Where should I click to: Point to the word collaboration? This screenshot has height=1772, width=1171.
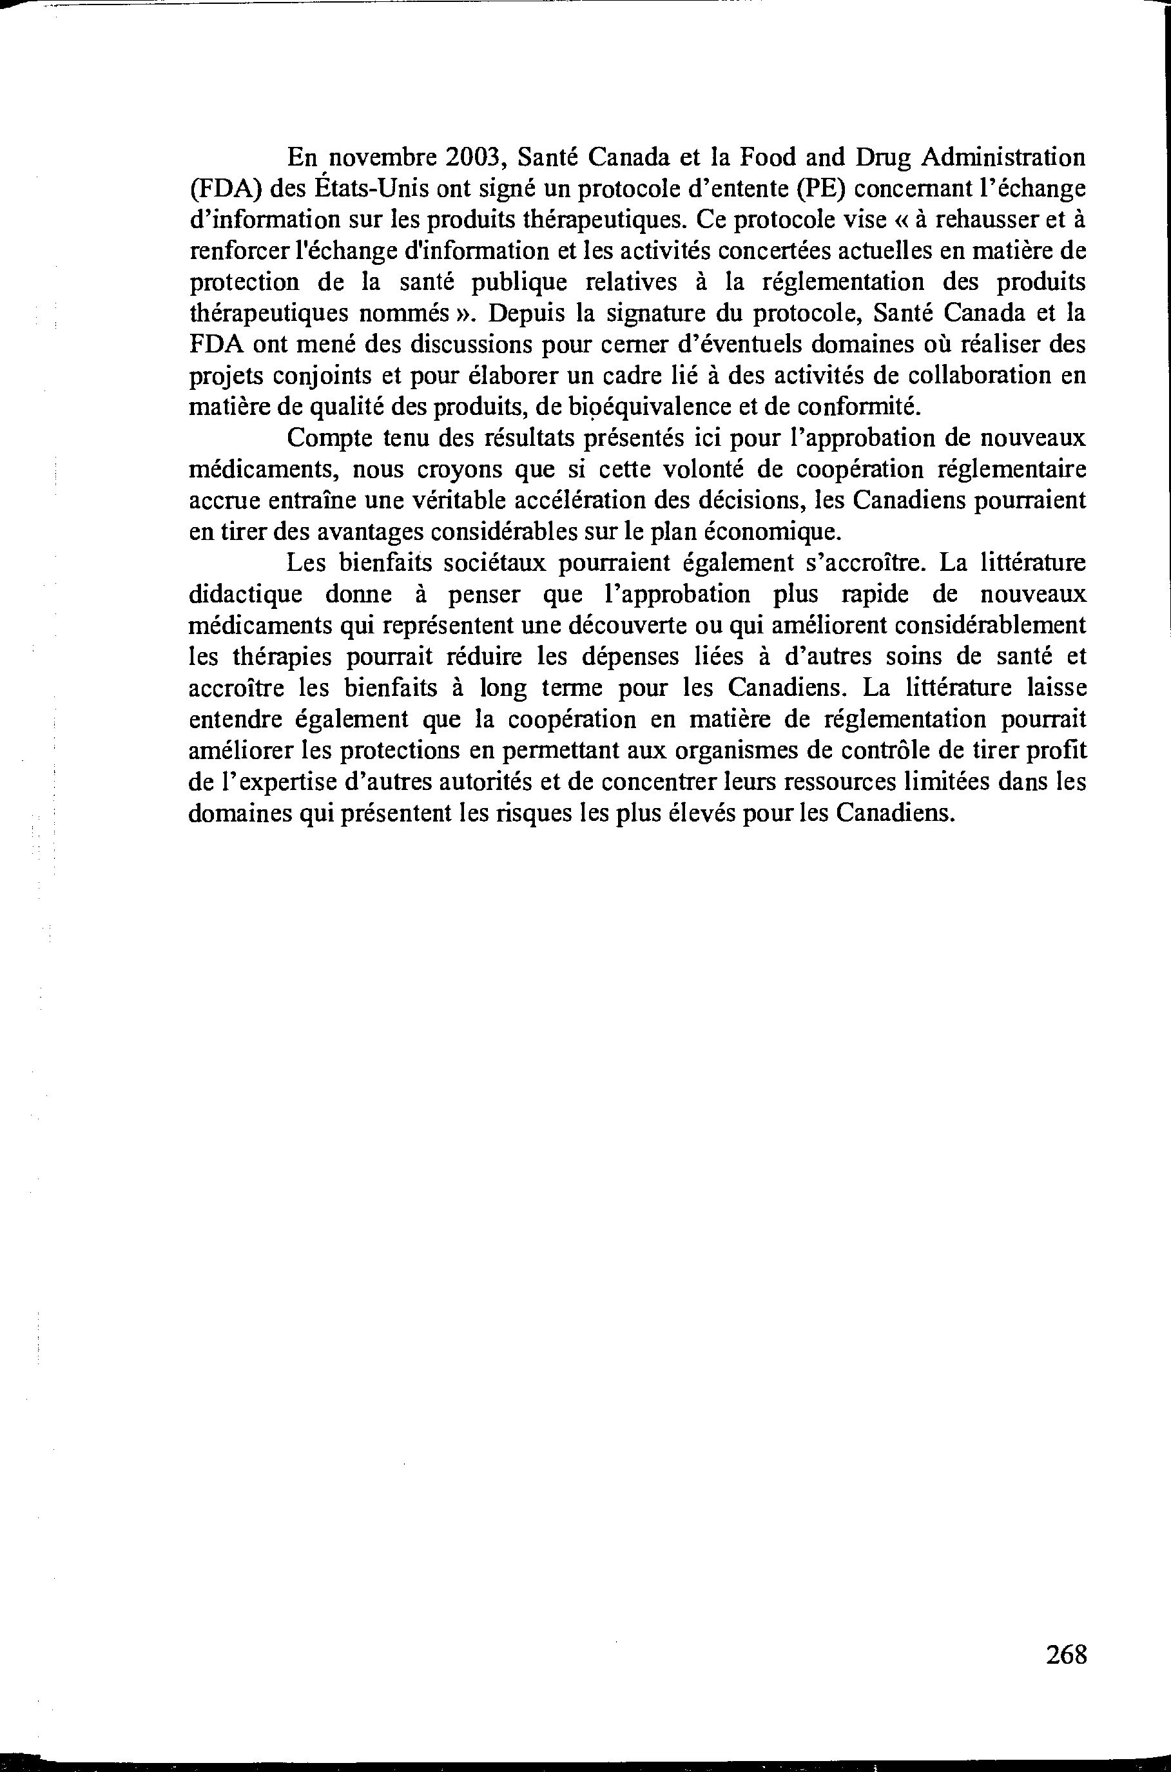point(972,376)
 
